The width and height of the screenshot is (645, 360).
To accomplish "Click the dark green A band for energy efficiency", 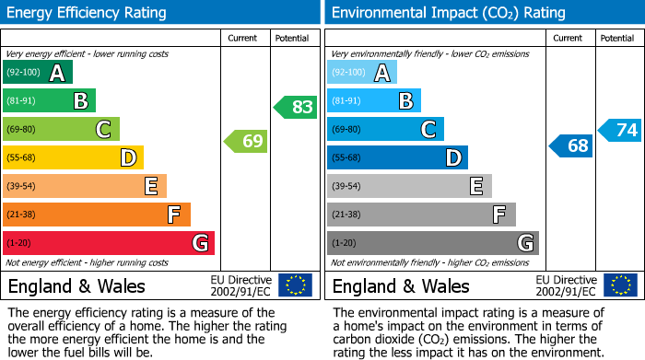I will pyautogui.click(x=38, y=73).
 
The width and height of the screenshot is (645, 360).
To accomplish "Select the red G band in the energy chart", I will pyautogui.click(x=109, y=243).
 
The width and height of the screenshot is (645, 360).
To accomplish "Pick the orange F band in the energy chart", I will pyautogui.click(x=97, y=215).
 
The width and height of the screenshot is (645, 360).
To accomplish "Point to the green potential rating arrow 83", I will pyautogui.click(x=296, y=107).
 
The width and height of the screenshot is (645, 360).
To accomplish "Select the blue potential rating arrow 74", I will pyautogui.click(x=620, y=130).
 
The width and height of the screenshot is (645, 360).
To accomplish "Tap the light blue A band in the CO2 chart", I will pyautogui.click(x=362, y=73).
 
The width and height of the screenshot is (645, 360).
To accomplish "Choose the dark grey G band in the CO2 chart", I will pyautogui.click(x=433, y=243).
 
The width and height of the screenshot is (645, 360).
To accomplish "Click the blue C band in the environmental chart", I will pyautogui.click(x=386, y=129).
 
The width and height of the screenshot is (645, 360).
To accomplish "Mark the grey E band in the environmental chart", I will pyautogui.click(x=409, y=186).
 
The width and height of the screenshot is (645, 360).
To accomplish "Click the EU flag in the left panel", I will pyautogui.click(x=295, y=285).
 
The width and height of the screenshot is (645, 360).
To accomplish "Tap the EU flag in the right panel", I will pyautogui.click(x=619, y=285).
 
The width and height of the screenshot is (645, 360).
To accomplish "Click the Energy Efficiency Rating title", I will pyautogui.click(x=88, y=13).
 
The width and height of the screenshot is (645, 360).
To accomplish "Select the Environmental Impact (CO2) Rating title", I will pyautogui.click(x=449, y=13).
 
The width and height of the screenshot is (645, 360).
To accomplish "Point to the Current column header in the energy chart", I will pyautogui.click(x=243, y=38).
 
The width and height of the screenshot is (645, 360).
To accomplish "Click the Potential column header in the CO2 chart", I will pyautogui.click(x=617, y=38).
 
